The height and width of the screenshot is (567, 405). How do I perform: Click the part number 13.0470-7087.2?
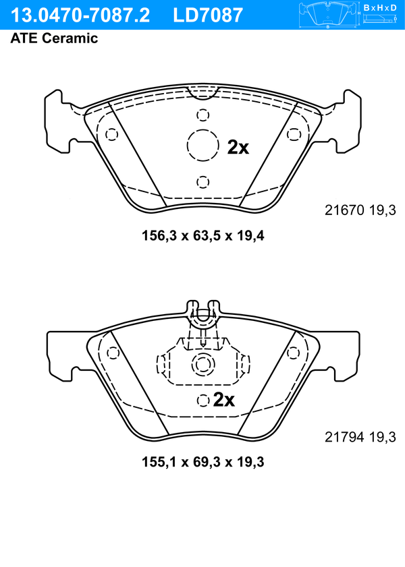coord(80,16)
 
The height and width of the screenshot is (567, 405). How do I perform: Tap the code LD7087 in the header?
coord(208,16)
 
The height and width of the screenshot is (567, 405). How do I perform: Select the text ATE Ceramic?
coord(54,38)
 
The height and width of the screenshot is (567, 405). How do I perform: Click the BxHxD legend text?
coord(380,7)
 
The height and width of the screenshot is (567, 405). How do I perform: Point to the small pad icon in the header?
coord(328,15)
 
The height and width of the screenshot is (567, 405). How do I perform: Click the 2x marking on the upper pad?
coord(238,147)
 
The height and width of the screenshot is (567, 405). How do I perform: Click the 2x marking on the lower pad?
coord(224,400)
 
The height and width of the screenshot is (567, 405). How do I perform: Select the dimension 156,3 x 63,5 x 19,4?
coord(203,236)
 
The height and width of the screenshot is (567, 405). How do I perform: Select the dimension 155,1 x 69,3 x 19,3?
coord(203,462)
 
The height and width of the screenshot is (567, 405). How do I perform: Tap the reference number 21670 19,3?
coord(360,210)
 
